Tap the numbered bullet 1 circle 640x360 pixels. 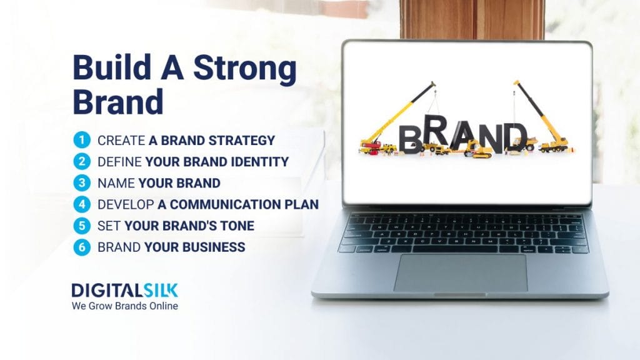(x=81, y=140)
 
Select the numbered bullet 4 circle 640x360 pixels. (x=81, y=204)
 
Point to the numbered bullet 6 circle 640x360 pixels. (x=81, y=247)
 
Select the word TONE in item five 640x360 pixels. (x=237, y=226)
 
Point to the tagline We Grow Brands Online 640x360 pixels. (x=124, y=306)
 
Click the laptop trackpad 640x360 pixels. (x=460, y=272)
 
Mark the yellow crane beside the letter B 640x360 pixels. (x=394, y=119)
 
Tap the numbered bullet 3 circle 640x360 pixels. (x=81, y=183)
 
